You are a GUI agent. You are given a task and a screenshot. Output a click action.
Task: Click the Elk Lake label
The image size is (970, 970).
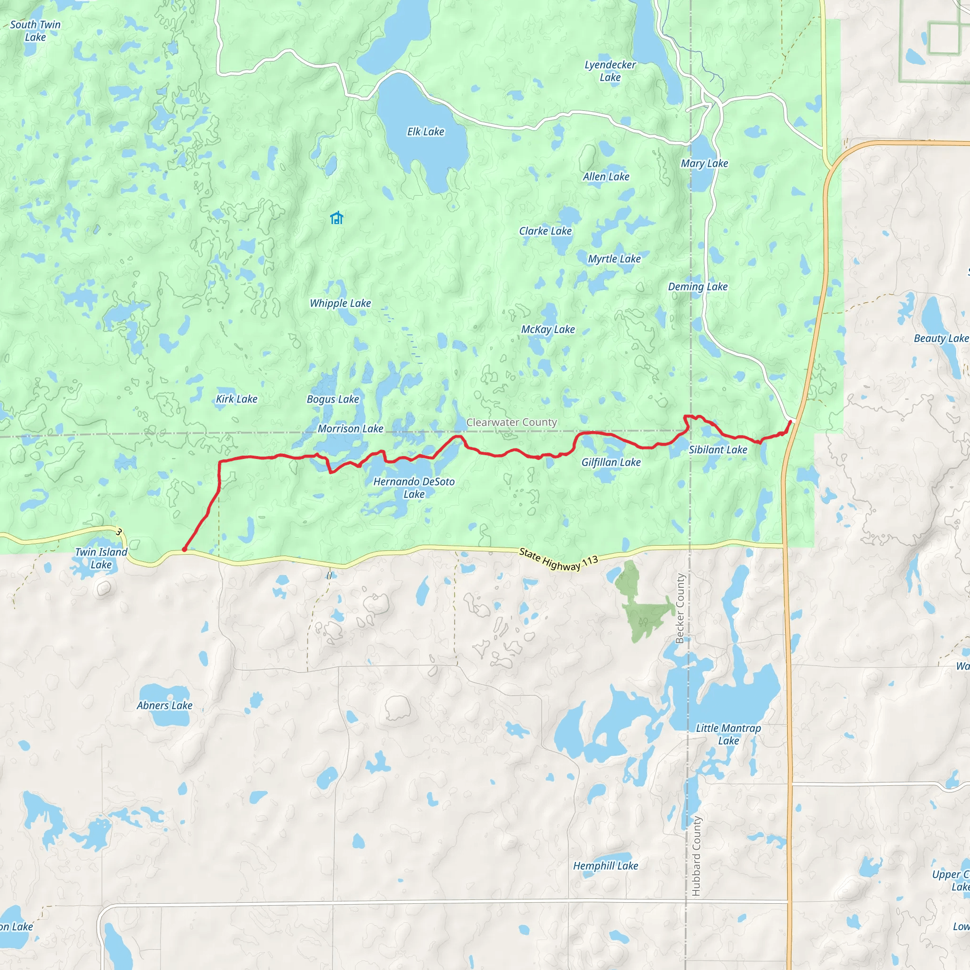click(425, 132)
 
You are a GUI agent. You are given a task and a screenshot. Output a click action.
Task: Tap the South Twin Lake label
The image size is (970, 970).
click(35, 31)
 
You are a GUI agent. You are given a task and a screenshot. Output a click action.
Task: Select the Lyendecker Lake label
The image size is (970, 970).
click(610, 71)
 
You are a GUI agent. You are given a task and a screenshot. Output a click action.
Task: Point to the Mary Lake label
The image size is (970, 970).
click(704, 163)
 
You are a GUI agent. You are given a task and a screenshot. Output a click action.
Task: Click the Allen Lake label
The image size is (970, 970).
click(605, 177)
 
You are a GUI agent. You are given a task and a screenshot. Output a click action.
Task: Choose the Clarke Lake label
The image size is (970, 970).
click(545, 231)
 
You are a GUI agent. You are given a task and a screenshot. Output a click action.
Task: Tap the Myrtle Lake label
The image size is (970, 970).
click(614, 259)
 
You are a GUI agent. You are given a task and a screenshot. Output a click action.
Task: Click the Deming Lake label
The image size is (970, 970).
click(697, 287)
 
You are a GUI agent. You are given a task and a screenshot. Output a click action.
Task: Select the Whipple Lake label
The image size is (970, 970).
click(340, 303)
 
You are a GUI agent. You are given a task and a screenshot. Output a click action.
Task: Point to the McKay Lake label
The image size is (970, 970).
click(548, 329)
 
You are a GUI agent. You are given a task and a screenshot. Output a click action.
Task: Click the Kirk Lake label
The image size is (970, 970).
click(236, 399)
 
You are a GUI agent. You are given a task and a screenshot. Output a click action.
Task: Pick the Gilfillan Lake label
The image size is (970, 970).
click(611, 462)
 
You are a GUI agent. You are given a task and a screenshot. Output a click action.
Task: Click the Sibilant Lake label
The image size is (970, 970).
click(718, 450)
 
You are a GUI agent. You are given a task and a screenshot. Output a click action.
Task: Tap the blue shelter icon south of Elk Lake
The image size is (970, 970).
click(336, 218)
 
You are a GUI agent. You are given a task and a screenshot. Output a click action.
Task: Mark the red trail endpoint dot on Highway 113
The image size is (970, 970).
click(184, 550)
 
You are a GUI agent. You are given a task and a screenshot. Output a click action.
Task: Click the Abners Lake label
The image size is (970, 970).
click(165, 705)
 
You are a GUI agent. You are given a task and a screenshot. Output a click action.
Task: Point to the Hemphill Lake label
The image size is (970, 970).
click(605, 866)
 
